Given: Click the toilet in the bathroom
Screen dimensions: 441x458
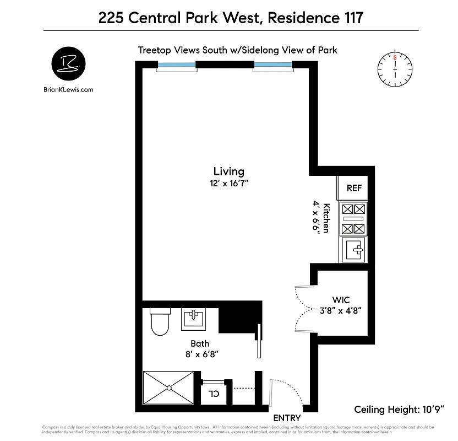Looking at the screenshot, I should pyautogui.click(x=160, y=322).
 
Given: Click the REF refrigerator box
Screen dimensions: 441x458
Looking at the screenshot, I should pyautogui.click(x=354, y=188).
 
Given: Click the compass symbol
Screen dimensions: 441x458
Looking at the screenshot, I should pyautogui.click(x=395, y=69).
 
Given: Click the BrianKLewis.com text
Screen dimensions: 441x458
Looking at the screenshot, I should pyautogui.click(x=68, y=89).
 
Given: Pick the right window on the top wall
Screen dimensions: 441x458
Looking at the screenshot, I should pyautogui.click(x=272, y=66).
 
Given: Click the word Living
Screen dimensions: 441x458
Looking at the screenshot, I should pyautogui.click(x=228, y=171).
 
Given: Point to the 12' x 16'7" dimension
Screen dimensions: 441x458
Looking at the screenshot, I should pyautogui.click(x=228, y=183).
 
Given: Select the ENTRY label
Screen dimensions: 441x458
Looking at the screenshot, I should pyautogui.click(x=287, y=418).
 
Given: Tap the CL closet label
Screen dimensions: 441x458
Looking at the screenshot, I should pyautogui.click(x=213, y=394).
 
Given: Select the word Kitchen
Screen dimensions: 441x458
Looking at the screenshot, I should pyautogui.click(x=326, y=218).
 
